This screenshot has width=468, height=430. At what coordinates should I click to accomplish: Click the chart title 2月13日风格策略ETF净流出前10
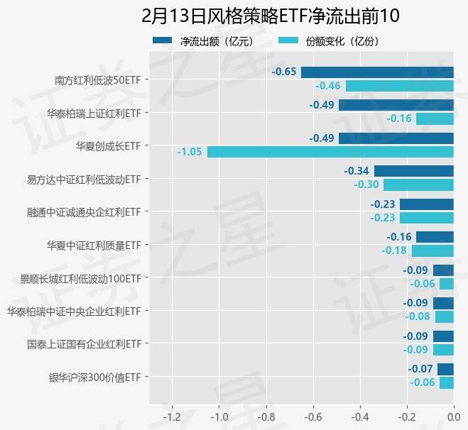point(271,15)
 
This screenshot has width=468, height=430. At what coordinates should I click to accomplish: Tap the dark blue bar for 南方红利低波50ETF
point(377,72)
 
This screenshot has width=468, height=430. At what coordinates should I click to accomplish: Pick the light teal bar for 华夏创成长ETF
point(330,152)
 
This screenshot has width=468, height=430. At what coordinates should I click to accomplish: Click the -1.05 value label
point(190,152)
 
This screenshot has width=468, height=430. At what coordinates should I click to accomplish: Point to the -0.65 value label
point(283,72)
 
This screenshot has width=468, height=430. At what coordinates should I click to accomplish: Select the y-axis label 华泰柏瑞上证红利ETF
point(93,113)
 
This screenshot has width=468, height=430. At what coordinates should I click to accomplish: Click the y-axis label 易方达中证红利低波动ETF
point(84,179)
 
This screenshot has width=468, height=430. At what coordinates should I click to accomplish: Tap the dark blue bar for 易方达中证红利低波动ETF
point(414,171)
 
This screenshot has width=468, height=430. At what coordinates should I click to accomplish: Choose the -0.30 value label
point(366,184)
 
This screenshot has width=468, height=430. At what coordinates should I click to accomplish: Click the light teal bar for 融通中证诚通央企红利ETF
point(427,218)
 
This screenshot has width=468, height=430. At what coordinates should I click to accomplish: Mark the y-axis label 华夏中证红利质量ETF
point(93,246)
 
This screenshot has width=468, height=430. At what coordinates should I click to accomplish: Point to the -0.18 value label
point(394,250)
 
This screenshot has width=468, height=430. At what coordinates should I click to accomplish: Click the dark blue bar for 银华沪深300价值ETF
point(445,369)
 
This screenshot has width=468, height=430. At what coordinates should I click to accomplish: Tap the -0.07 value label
point(420,369)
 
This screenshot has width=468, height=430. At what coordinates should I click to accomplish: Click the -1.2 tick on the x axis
point(173,417)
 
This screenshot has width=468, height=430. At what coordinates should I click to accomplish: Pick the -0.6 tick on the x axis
point(313,417)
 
